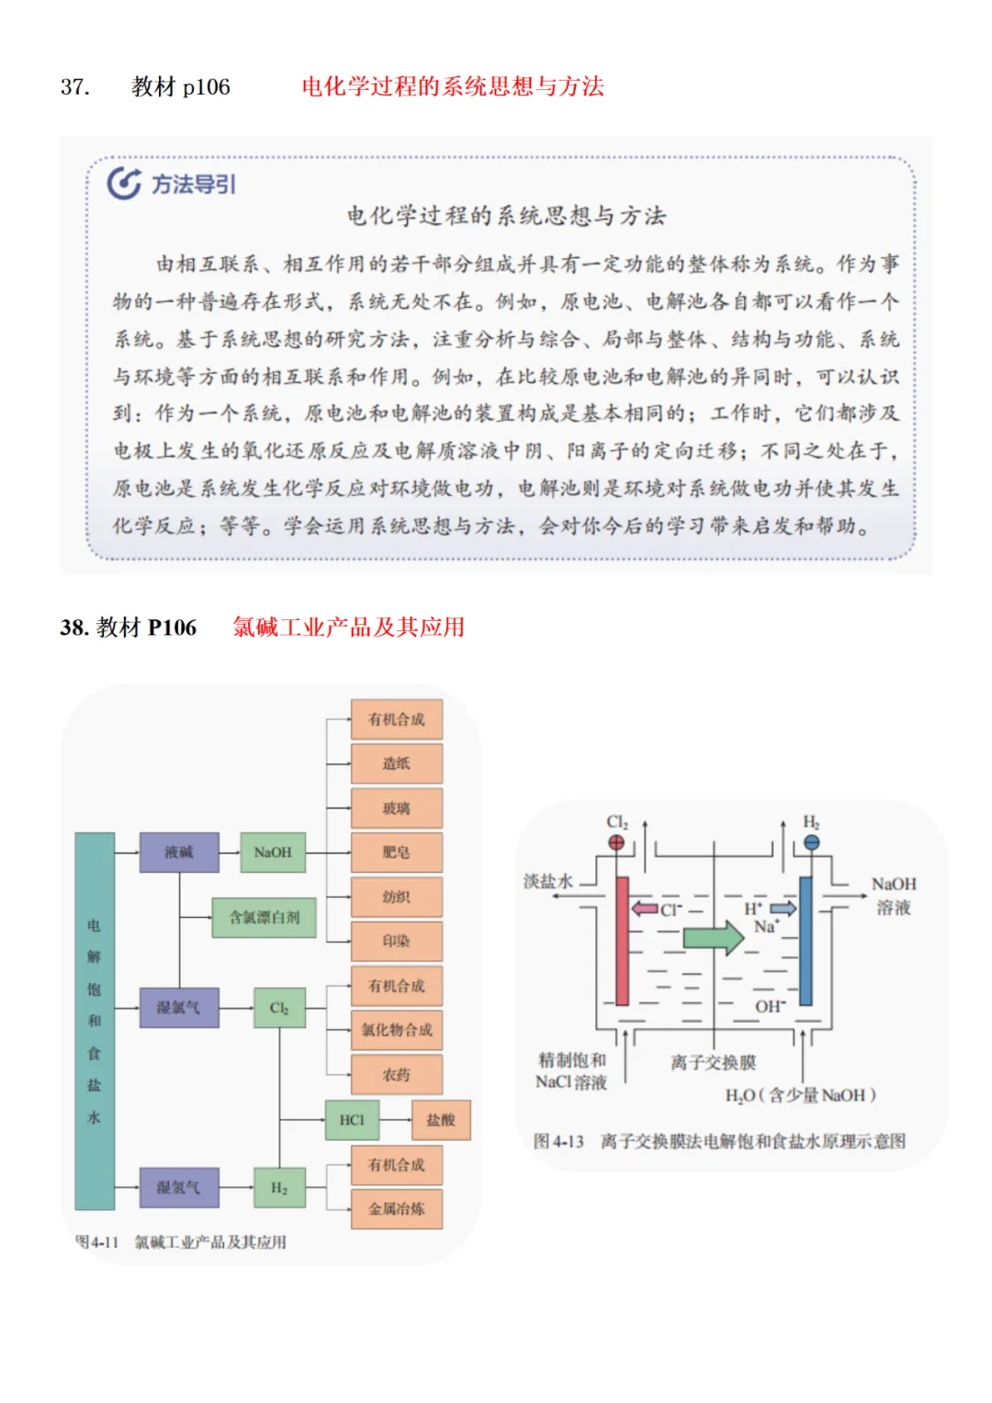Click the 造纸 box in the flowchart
pos(396,764)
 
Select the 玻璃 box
pos(396,808)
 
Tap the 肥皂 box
pos(396,852)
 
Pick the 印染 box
pos(396,941)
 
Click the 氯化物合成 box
pos(396,1030)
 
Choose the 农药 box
pos(396,1074)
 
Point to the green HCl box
pos(352,1120)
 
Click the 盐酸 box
pos(441,1120)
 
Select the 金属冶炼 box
pos(396,1208)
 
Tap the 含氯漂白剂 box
pos(265,917)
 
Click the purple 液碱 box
pos(179,852)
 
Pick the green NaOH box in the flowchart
pos(273,852)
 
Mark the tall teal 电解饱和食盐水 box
pos(95,1020)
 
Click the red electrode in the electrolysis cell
pos(622,941)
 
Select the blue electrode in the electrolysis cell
pos(806,941)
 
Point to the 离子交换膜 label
pos(713,1062)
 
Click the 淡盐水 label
pos(548,881)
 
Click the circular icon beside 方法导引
pos(124,184)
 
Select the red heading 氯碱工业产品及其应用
pos(348,628)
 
